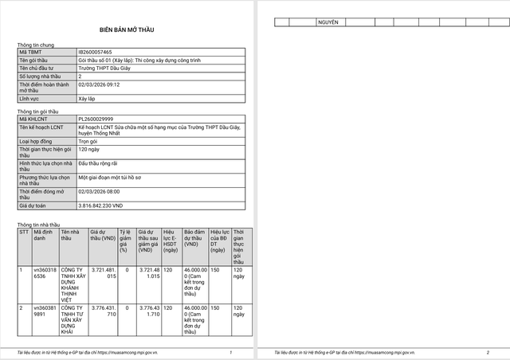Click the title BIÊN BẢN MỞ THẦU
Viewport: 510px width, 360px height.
(x=127, y=27)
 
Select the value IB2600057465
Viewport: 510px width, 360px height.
(x=95, y=52)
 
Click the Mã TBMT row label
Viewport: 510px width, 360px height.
(x=29, y=52)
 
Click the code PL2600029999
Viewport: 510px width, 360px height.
(x=95, y=119)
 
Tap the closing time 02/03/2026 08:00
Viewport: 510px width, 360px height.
(x=99, y=191)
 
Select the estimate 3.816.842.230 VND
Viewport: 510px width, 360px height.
(x=100, y=205)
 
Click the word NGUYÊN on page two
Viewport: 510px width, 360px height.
(x=328, y=22)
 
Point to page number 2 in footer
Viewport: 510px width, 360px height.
(x=488, y=351)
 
